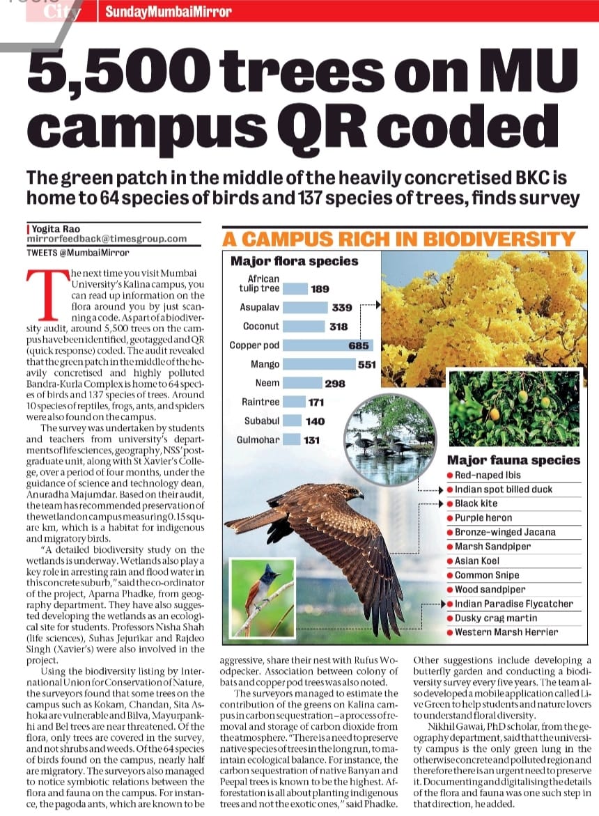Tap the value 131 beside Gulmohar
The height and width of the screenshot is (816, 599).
point(311,440)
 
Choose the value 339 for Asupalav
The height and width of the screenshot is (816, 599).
point(342,307)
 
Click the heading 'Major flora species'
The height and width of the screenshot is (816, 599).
point(294,262)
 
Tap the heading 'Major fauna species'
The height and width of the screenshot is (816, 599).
point(513,460)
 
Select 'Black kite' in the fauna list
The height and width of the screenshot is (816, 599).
point(476,503)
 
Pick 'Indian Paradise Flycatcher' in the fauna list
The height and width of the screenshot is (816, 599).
point(514,604)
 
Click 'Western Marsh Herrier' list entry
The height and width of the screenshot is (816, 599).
point(506,632)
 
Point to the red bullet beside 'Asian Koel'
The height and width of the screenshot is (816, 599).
point(450,561)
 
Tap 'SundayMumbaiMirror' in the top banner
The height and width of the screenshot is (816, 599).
point(169,12)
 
